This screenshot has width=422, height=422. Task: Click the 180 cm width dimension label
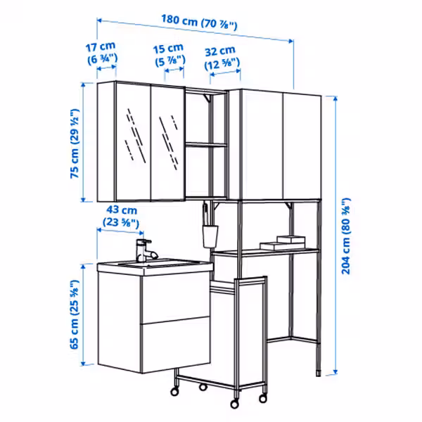click(x=199, y=22)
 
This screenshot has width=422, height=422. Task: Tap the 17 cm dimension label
click(x=102, y=53)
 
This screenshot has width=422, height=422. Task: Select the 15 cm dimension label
click(x=170, y=55)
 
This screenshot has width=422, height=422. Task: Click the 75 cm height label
click(x=75, y=143)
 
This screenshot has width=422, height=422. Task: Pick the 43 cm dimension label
click(x=122, y=216)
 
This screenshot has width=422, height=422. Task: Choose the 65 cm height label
click(x=75, y=314)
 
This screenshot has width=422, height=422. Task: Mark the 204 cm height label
click(x=346, y=236)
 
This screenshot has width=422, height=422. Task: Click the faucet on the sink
click(x=146, y=251)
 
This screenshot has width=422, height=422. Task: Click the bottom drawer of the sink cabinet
click(x=175, y=345)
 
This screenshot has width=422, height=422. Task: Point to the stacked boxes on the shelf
click(x=283, y=243)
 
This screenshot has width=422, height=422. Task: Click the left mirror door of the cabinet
click(x=133, y=142)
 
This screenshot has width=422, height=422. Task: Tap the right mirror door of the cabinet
click(x=168, y=143)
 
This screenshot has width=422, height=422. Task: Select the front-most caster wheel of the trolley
click(x=234, y=404)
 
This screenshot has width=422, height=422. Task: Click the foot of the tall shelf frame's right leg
click(x=319, y=373)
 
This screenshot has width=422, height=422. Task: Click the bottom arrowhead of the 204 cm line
click(x=335, y=372)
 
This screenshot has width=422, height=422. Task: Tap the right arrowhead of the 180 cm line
click(x=291, y=41)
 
